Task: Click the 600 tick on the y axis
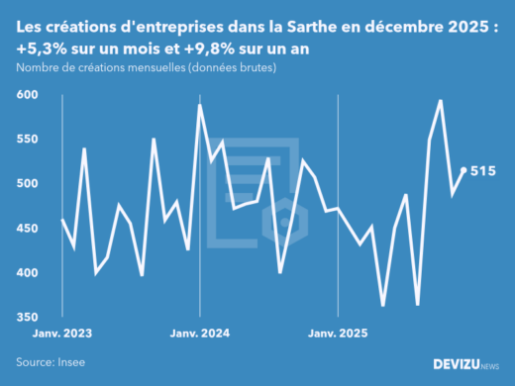click(x=28, y=95)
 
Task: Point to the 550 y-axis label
click(x=28, y=140)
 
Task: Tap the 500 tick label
click(x=28, y=184)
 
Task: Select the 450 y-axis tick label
click(x=28, y=229)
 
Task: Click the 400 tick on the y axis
click(x=28, y=273)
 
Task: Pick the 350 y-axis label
click(x=28, y=318)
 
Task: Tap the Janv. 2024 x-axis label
click(x=200, y=335)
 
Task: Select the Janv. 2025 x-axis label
click(x=339, y=335)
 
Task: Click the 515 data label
click(x=482, y=171)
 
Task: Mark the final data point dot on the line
click(x=464, y=170)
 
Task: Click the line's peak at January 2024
click(x=200, y=105)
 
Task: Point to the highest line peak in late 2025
click(x=440, y=101)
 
